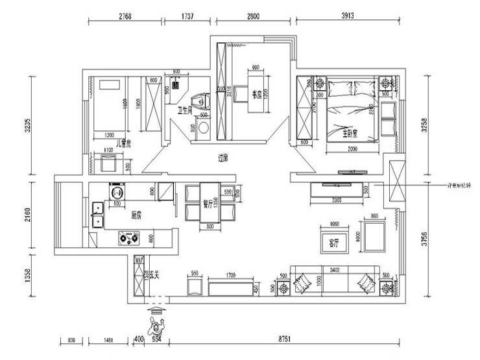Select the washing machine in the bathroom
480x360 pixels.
click(x=204, y=127)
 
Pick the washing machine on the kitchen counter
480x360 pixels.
click(x=117, y=193)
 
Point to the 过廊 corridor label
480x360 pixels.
click(x=224, y=156)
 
